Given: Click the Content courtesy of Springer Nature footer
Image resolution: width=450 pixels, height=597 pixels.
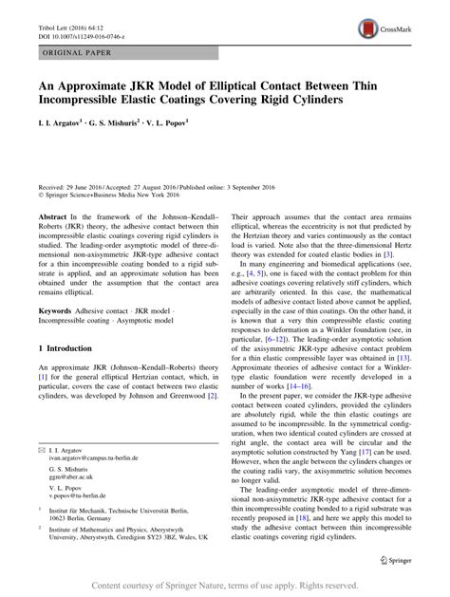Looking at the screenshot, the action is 225,585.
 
